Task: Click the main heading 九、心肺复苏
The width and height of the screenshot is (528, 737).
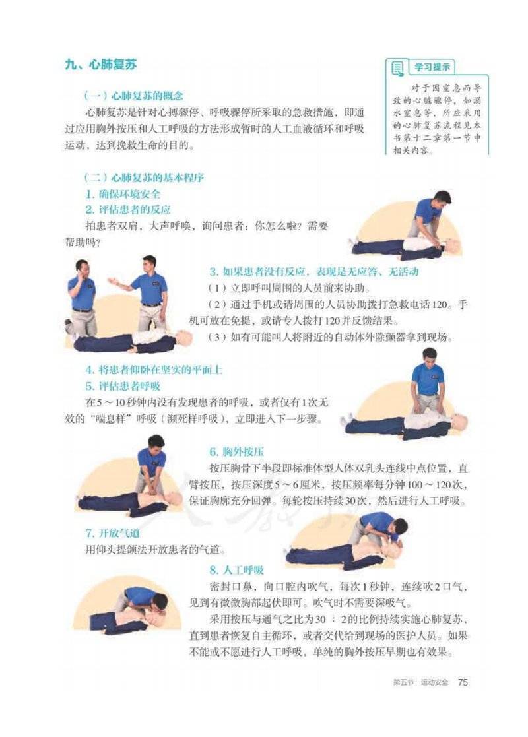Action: pyautogui.click(x=100, y=64)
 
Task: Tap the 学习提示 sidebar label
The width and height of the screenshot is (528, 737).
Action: pyautogui.click(x=432, y=67)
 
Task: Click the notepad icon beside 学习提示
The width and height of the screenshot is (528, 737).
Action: pyautogui.click(x=397, y=68)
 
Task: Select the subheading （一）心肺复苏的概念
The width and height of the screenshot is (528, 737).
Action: pyautogui.click(x=133, y=96)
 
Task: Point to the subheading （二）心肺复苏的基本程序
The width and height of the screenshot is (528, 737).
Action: pyautogui.click(x=144, y=177)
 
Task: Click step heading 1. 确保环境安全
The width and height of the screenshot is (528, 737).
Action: pyautogui.click(x=123, y=193)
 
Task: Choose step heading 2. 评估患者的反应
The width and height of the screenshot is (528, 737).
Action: pyautogui.click(x=128, y=210)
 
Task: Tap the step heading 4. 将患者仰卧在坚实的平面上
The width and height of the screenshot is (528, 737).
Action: pyautogui.click(x=154, y=369)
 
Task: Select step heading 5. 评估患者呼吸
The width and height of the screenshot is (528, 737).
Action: pyautogui.click(x=123, y=386)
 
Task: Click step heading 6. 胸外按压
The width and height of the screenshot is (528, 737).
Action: pyautogui.click(x=236, y=452)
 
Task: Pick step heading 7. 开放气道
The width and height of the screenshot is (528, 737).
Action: pyautogui.click(x=112, y=533)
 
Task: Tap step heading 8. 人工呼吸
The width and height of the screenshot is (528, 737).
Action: pyautogui.click(x=236, y=570)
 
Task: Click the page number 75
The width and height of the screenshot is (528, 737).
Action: pyautogui.click(x=463, y=682)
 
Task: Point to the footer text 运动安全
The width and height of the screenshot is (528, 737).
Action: pyautogui.click(x=435, y=682)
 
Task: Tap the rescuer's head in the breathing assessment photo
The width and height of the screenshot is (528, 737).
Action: pyautogui.click(x=429, y=356)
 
